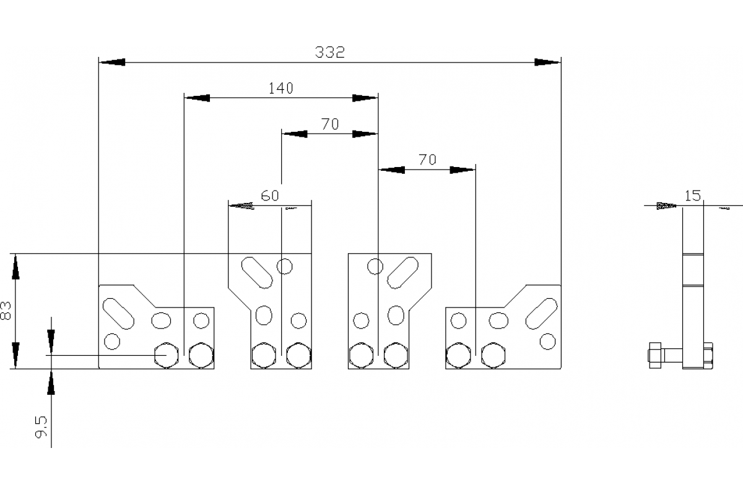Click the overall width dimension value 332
point(329,53)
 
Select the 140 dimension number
point(280,88)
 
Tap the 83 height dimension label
point(6,311)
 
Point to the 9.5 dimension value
point(41,427)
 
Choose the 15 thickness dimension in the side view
point(693,196)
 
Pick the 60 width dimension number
point(270,196)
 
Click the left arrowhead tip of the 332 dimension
point(99,62)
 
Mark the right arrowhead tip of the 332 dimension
point(560,62)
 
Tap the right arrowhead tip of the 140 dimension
point(378,98)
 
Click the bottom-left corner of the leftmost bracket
point(99,368)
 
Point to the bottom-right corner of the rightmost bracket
point(561,368)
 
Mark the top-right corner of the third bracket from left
point(432,254)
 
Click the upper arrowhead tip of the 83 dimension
point(15,254)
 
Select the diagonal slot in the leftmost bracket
point(118,314)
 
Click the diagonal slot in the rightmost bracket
point(542,314)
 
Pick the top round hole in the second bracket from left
point(284,266)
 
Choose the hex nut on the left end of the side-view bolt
point(654,355)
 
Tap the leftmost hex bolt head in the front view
point(167,355)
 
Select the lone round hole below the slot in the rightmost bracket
point(547,342)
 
